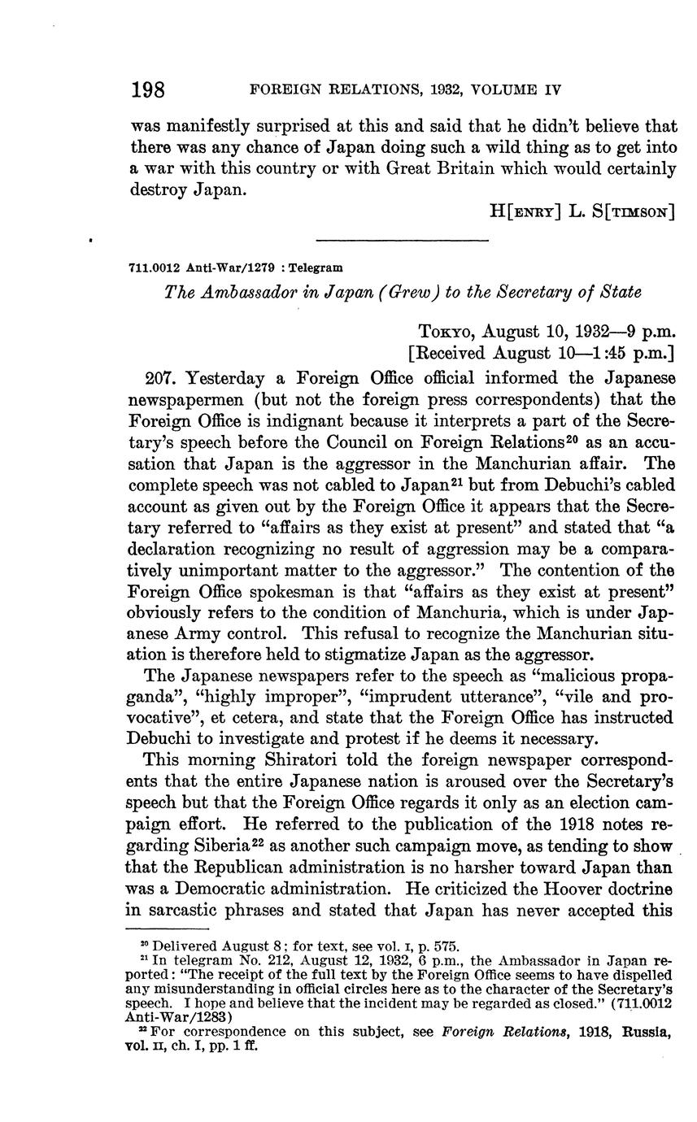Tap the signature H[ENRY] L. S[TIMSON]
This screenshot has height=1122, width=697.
point(582,211)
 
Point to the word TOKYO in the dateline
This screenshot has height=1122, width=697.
point(447,332)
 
